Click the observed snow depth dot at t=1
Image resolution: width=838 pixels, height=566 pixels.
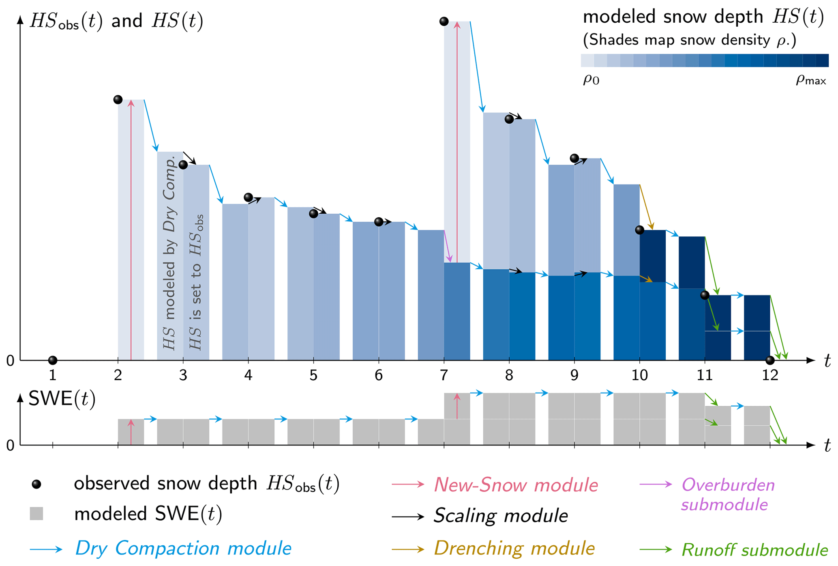click(52, 360)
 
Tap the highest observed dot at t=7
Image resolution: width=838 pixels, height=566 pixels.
click(444, 21)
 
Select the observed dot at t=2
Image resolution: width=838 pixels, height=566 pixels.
click(118, 99)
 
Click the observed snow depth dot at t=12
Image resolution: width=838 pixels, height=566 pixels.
click(770, 360)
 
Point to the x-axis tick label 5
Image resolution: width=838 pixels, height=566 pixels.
click(313, 375)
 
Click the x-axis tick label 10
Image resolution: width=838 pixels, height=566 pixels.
click(639, 375)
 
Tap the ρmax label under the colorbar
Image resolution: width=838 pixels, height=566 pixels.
click(810, 80)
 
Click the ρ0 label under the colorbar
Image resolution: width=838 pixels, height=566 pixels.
click(591, 80)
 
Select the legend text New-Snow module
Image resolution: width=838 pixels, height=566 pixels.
click(516, 485)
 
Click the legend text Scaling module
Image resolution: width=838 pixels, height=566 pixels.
click(501, 516)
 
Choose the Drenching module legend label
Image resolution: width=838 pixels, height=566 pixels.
click(514, 548)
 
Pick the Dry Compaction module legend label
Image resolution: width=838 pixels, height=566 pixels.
click(183, 548)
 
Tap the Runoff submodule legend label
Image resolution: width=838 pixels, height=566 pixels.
click(754, 550)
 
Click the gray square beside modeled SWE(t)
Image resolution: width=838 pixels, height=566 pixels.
click(36, 514)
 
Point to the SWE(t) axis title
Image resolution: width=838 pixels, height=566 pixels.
click(62, 399)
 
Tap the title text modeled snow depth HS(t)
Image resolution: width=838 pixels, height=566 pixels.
click(703, 17)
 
